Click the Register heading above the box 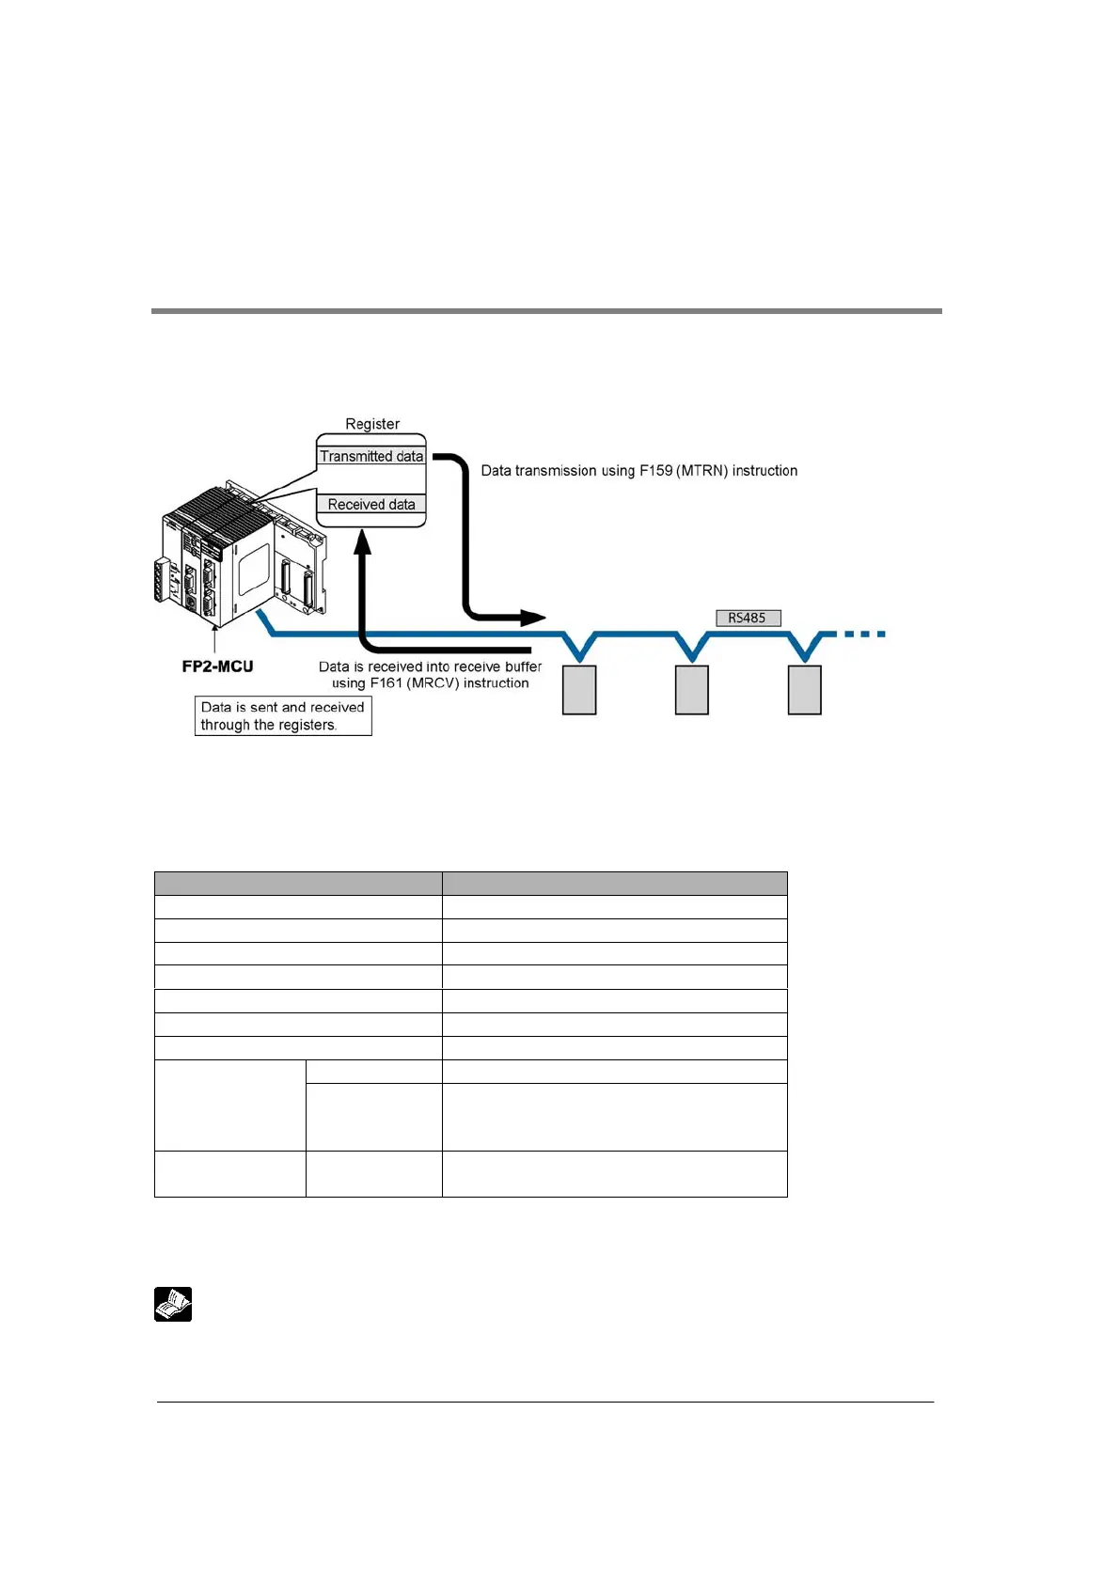point(372,424)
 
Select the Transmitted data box point(371,456)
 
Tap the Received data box point(371,505)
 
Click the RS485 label point(748,618)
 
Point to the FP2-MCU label point(217,666)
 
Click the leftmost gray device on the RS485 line point(579,690)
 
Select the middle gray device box point(692,690)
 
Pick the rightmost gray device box point(805,690)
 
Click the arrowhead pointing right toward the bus point(533,618)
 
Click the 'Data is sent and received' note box point(283,715)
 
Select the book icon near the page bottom point(173,1304)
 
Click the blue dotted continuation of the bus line point(864,635)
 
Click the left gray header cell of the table point(298,883)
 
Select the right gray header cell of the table point(614,883)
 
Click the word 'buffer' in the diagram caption point(524,666)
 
